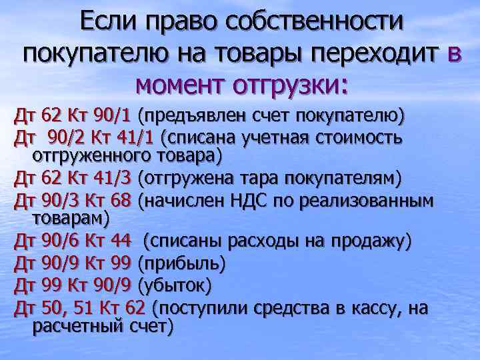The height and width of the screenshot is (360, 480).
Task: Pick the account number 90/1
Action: pyautogui.click(x=113, y=115)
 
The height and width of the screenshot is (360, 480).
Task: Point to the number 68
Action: pyautogui.click(x=122, y=201)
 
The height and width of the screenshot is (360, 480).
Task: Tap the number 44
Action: pyautogui.click(x=122, y=241)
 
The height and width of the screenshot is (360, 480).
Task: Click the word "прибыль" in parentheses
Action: pyautogui.click(x=181, y=264)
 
